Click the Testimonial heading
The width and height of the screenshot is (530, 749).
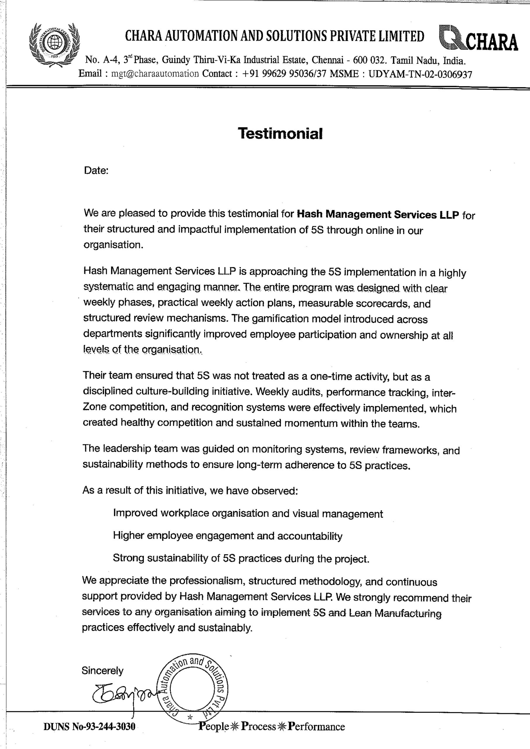click(280, 133)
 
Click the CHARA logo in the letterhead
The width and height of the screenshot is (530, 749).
click(478, 39)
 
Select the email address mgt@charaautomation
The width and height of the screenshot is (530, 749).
click(155, 74)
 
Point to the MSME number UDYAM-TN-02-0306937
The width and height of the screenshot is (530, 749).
click(420, 74)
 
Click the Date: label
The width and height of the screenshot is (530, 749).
click(96, 171)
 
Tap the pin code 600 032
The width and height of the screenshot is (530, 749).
click(370, 60)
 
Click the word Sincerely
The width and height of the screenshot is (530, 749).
click(102, 671)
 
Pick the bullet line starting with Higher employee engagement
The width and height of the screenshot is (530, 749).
click(228, 536)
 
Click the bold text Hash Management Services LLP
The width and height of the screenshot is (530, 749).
click(378, 215)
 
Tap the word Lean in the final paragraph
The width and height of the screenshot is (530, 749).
click(360, 613)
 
